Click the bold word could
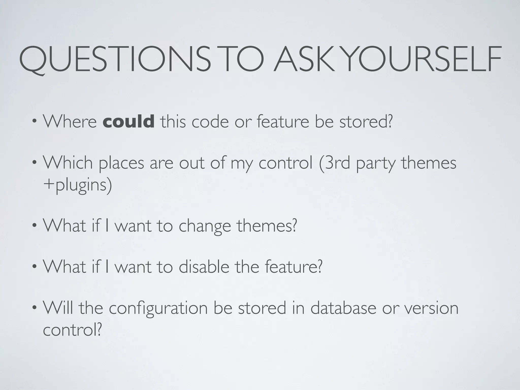pos(128,121)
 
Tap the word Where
pos(70,121)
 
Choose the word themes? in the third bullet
pos(267,226)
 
